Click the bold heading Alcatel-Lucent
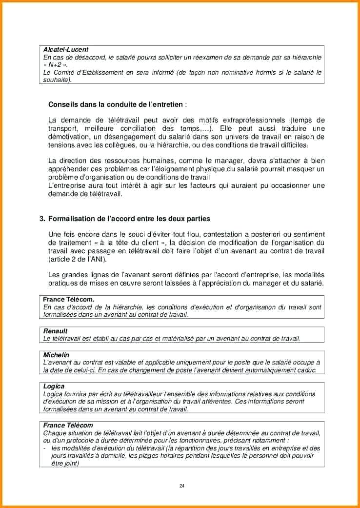click(66, 50)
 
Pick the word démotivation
click(69, 137)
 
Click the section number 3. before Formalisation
click(42, 219)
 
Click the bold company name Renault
click(55, 331)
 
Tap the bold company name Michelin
click(56, 355)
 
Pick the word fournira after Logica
click(76, 394)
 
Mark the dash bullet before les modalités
click(44, 448)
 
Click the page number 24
click(182, 486)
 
